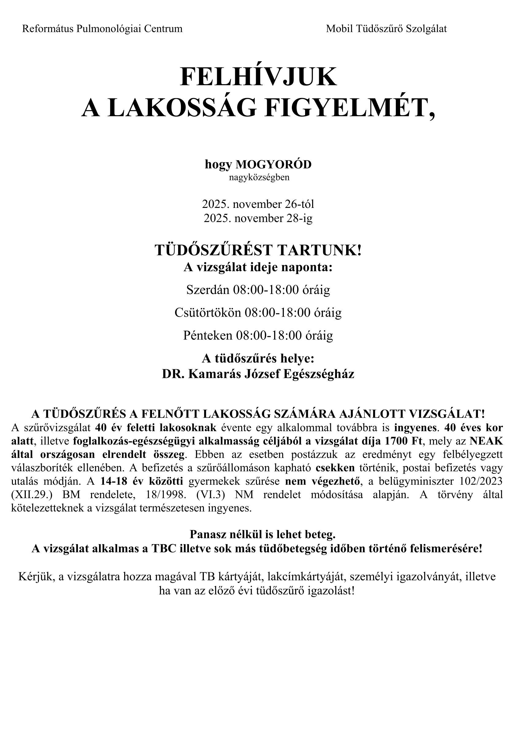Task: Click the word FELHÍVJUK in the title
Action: coord(258,77)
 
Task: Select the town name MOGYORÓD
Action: coord(273,164)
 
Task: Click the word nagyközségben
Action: coord(259,177)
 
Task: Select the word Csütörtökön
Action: coord(208,313)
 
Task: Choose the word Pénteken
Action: coord(208,336)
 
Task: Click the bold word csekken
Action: coord(335,468)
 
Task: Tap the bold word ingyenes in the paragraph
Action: coord(415,428)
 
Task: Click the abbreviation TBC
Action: coord(163,549)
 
